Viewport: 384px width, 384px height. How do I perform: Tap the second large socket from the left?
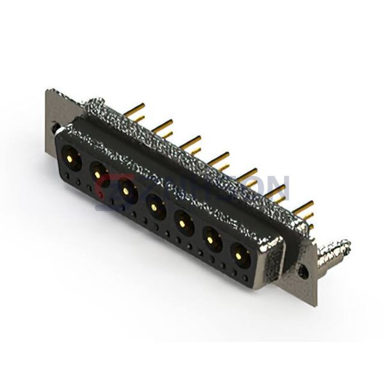[98, 171]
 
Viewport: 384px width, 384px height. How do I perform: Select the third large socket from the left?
[127, 188]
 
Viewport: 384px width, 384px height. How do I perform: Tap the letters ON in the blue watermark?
[272, 188]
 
